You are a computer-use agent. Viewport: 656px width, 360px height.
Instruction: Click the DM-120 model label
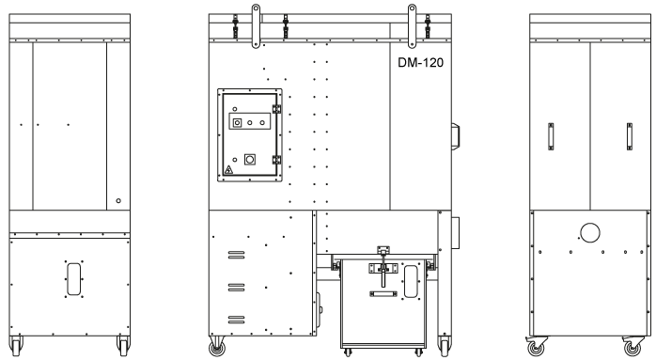coord(420,63)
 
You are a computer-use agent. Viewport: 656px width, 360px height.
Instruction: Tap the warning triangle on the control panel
coord(228,170)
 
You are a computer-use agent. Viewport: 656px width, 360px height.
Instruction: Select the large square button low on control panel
coord(250,160)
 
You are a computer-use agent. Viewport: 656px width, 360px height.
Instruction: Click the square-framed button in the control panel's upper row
coord(237,122)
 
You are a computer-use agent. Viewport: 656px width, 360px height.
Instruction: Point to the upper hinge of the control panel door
coord(276,109)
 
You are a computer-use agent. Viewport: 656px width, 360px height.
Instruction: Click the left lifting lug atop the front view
coord(256,26)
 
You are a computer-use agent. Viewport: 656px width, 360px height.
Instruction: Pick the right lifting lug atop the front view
coord(412,26)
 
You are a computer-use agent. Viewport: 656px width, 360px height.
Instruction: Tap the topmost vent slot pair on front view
coord(237,255)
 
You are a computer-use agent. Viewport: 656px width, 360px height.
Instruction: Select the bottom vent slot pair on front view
coord(237,320)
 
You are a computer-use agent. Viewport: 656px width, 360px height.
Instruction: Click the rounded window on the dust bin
coord(411,282)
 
